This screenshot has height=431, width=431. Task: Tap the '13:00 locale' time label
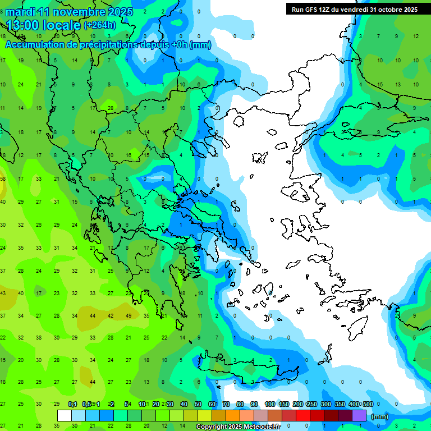[43, 25]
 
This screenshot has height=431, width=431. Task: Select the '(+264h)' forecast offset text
[100, 25]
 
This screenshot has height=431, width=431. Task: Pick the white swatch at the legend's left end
[65, 416]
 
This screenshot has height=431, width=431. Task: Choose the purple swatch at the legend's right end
[359, 416]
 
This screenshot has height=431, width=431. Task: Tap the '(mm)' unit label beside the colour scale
[379, 416]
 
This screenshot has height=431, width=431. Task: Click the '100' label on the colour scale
[270, 404]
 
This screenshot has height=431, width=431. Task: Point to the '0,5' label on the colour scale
[86, 404]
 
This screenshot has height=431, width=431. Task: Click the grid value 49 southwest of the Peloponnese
[129, 315]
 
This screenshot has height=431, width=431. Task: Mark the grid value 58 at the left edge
[3, 179]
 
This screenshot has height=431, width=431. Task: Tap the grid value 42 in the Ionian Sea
[111, 315]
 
